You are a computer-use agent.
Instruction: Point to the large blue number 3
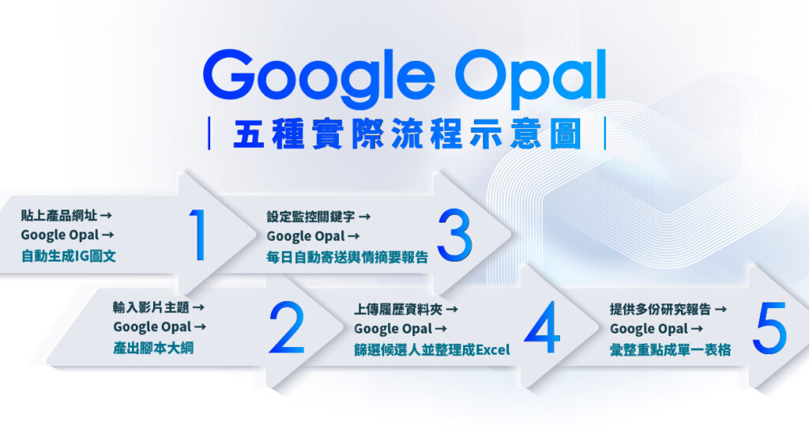453,236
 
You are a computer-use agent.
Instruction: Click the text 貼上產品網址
60,215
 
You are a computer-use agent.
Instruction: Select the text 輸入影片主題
152,307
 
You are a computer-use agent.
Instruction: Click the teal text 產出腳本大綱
152,349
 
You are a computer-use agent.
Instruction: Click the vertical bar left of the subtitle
209,134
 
